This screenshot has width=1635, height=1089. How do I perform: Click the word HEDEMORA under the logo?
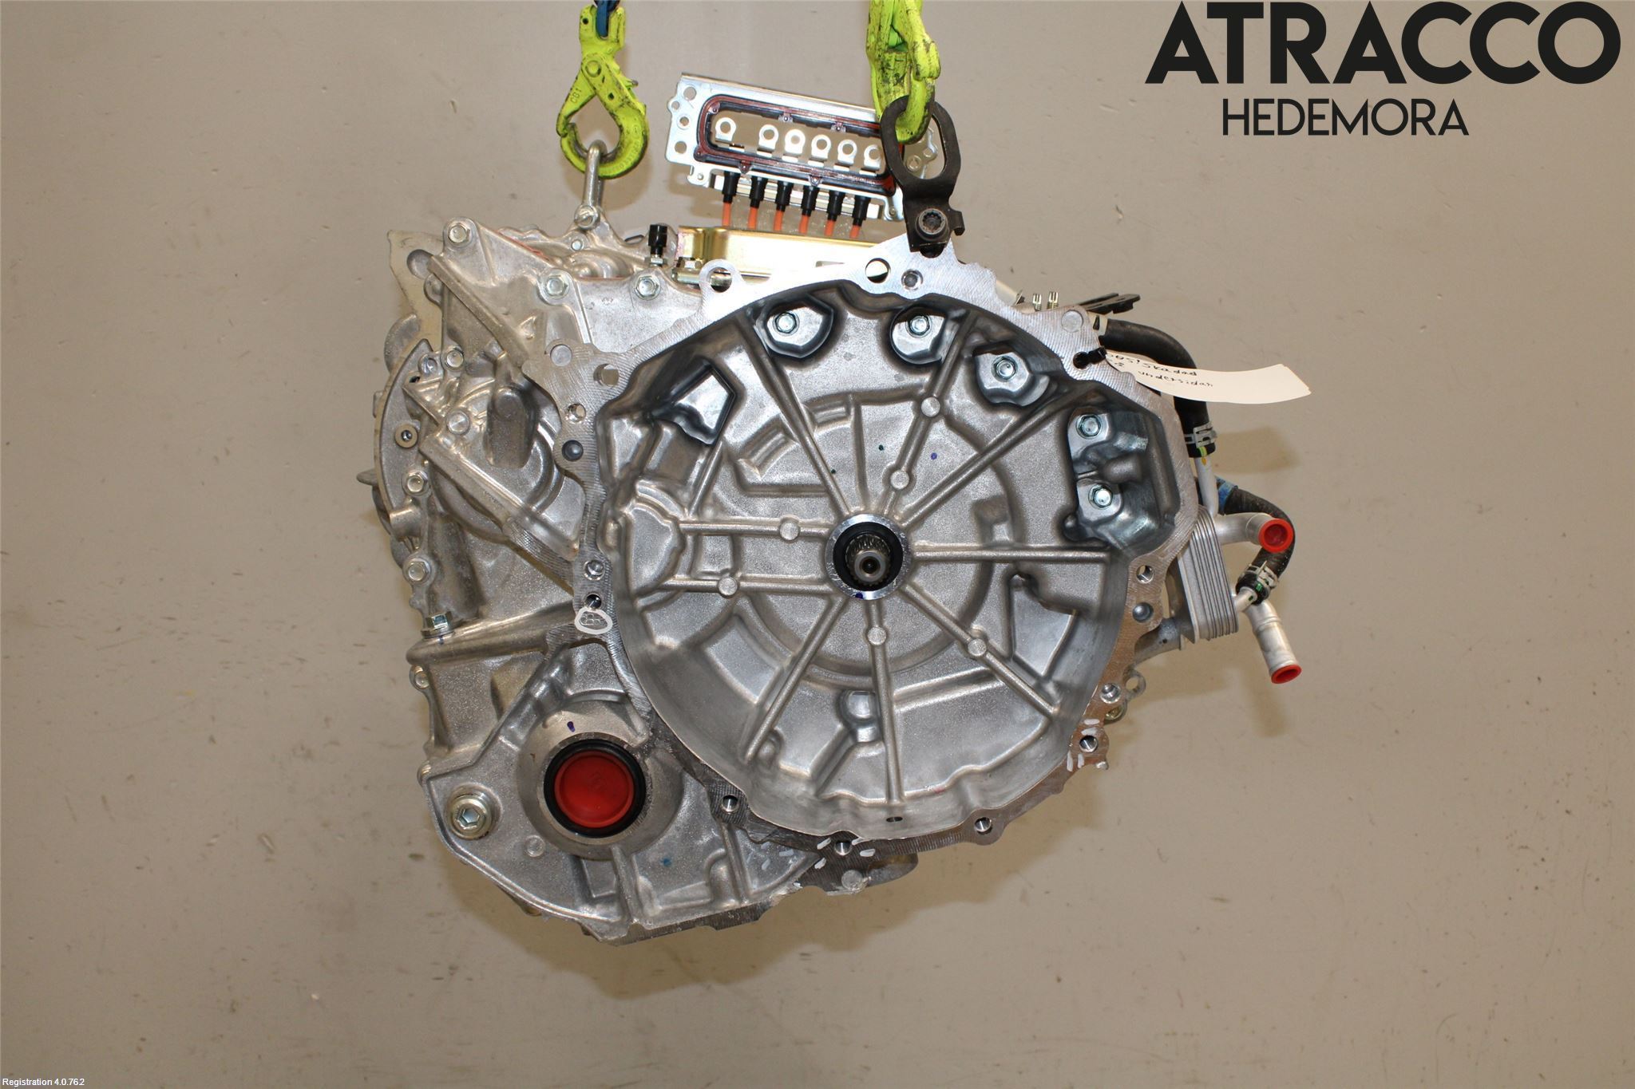pos(1344,117)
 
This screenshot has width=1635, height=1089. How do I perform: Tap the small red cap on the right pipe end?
pos(1276,532)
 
